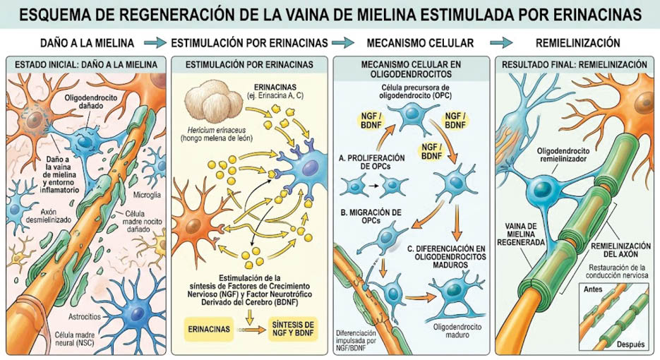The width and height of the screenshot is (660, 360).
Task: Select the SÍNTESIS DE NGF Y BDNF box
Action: (292, 329)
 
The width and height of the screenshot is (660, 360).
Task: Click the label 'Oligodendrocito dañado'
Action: (91, 102)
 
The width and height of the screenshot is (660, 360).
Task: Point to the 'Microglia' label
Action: (147, 195)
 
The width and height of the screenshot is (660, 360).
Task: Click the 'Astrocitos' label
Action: (85, 316)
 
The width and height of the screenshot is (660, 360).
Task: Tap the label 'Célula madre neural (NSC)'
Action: (75, 339)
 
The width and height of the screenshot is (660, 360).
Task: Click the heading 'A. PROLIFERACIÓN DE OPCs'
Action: (372, 162)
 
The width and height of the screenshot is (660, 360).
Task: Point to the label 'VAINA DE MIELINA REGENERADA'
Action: (521, 234)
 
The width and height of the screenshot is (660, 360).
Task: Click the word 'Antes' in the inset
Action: (593, 289)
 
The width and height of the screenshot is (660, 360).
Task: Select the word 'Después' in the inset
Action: (630, 344)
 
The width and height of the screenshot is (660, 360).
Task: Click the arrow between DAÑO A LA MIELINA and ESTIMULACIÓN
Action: (155, 42)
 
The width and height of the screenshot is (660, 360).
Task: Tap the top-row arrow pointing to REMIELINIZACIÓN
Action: (501, 42)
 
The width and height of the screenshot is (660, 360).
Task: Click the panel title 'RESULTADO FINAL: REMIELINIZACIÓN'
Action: (574, 64)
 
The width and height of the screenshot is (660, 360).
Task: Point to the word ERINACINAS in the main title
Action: (598, 14)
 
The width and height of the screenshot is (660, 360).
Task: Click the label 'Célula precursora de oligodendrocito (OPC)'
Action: (415, 91)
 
